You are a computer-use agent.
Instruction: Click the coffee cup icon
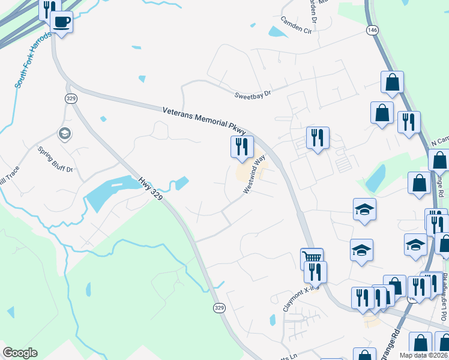(61, 22)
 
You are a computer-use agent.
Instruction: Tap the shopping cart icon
(312, 258)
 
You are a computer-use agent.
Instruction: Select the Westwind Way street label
(254, 174)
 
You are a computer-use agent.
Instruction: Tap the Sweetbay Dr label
(253, 94)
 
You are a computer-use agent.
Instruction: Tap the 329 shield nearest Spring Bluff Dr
(71, 98)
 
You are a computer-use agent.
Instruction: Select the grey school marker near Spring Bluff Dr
(64, 134)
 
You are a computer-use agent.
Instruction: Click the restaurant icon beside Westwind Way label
(242, 146)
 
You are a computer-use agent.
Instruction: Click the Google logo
(20, 353)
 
